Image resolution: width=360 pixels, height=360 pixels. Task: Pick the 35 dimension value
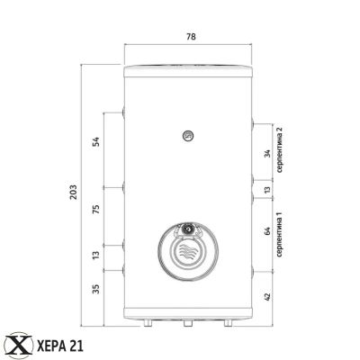click(95, 289)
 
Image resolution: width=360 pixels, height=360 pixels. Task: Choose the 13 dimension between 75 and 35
click(95, 256)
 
